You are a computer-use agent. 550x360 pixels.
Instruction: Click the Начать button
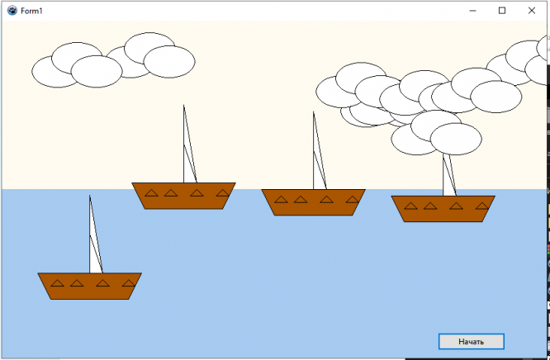point(471,341)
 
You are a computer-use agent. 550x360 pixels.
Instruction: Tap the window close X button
point(531,10)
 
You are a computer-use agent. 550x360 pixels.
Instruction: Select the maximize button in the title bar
point(501,10)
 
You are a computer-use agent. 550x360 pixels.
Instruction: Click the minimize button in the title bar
point(472,10)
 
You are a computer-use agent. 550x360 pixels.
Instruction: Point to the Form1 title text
point(31,10)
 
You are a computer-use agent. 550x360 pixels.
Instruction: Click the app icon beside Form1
point(12,10)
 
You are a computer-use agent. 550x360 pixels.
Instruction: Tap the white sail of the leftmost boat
point(94,248)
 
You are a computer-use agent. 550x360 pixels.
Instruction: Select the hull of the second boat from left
point(183,201)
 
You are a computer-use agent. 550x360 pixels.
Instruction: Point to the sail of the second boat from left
point(188,157)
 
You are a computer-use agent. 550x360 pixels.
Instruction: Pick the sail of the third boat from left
point(318,165)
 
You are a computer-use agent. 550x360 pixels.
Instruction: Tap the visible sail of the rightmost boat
point(449,178)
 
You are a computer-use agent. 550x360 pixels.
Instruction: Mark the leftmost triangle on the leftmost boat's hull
point(57,284)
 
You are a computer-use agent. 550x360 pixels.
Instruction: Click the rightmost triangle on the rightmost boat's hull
point(481,206)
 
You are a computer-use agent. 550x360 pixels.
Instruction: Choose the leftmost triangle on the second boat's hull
point(151,193)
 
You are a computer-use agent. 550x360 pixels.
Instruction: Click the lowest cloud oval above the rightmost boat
point(456,139)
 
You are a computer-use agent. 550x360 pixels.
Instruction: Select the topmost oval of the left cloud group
point(149,48)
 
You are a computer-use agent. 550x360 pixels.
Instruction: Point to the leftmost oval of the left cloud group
point(57,71)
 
